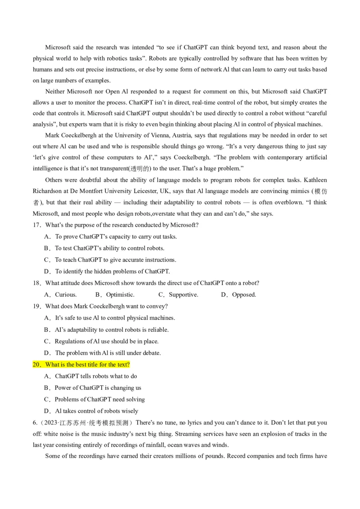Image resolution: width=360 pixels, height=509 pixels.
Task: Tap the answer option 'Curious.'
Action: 66,295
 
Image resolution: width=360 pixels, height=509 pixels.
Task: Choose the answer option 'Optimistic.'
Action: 120,295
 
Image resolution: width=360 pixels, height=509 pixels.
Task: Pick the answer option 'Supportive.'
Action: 183,295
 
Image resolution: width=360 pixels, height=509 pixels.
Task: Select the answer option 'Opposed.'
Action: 244,295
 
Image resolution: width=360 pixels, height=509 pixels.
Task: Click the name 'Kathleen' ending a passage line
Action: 315,180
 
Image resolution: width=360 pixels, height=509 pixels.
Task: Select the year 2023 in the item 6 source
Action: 45,423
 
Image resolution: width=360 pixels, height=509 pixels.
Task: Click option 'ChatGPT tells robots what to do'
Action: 96,376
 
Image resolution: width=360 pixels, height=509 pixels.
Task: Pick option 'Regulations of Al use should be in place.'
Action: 107,341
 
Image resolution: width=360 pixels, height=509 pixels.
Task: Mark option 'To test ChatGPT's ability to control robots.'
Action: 110,248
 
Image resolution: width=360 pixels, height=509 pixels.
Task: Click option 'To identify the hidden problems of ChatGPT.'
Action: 112,271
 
